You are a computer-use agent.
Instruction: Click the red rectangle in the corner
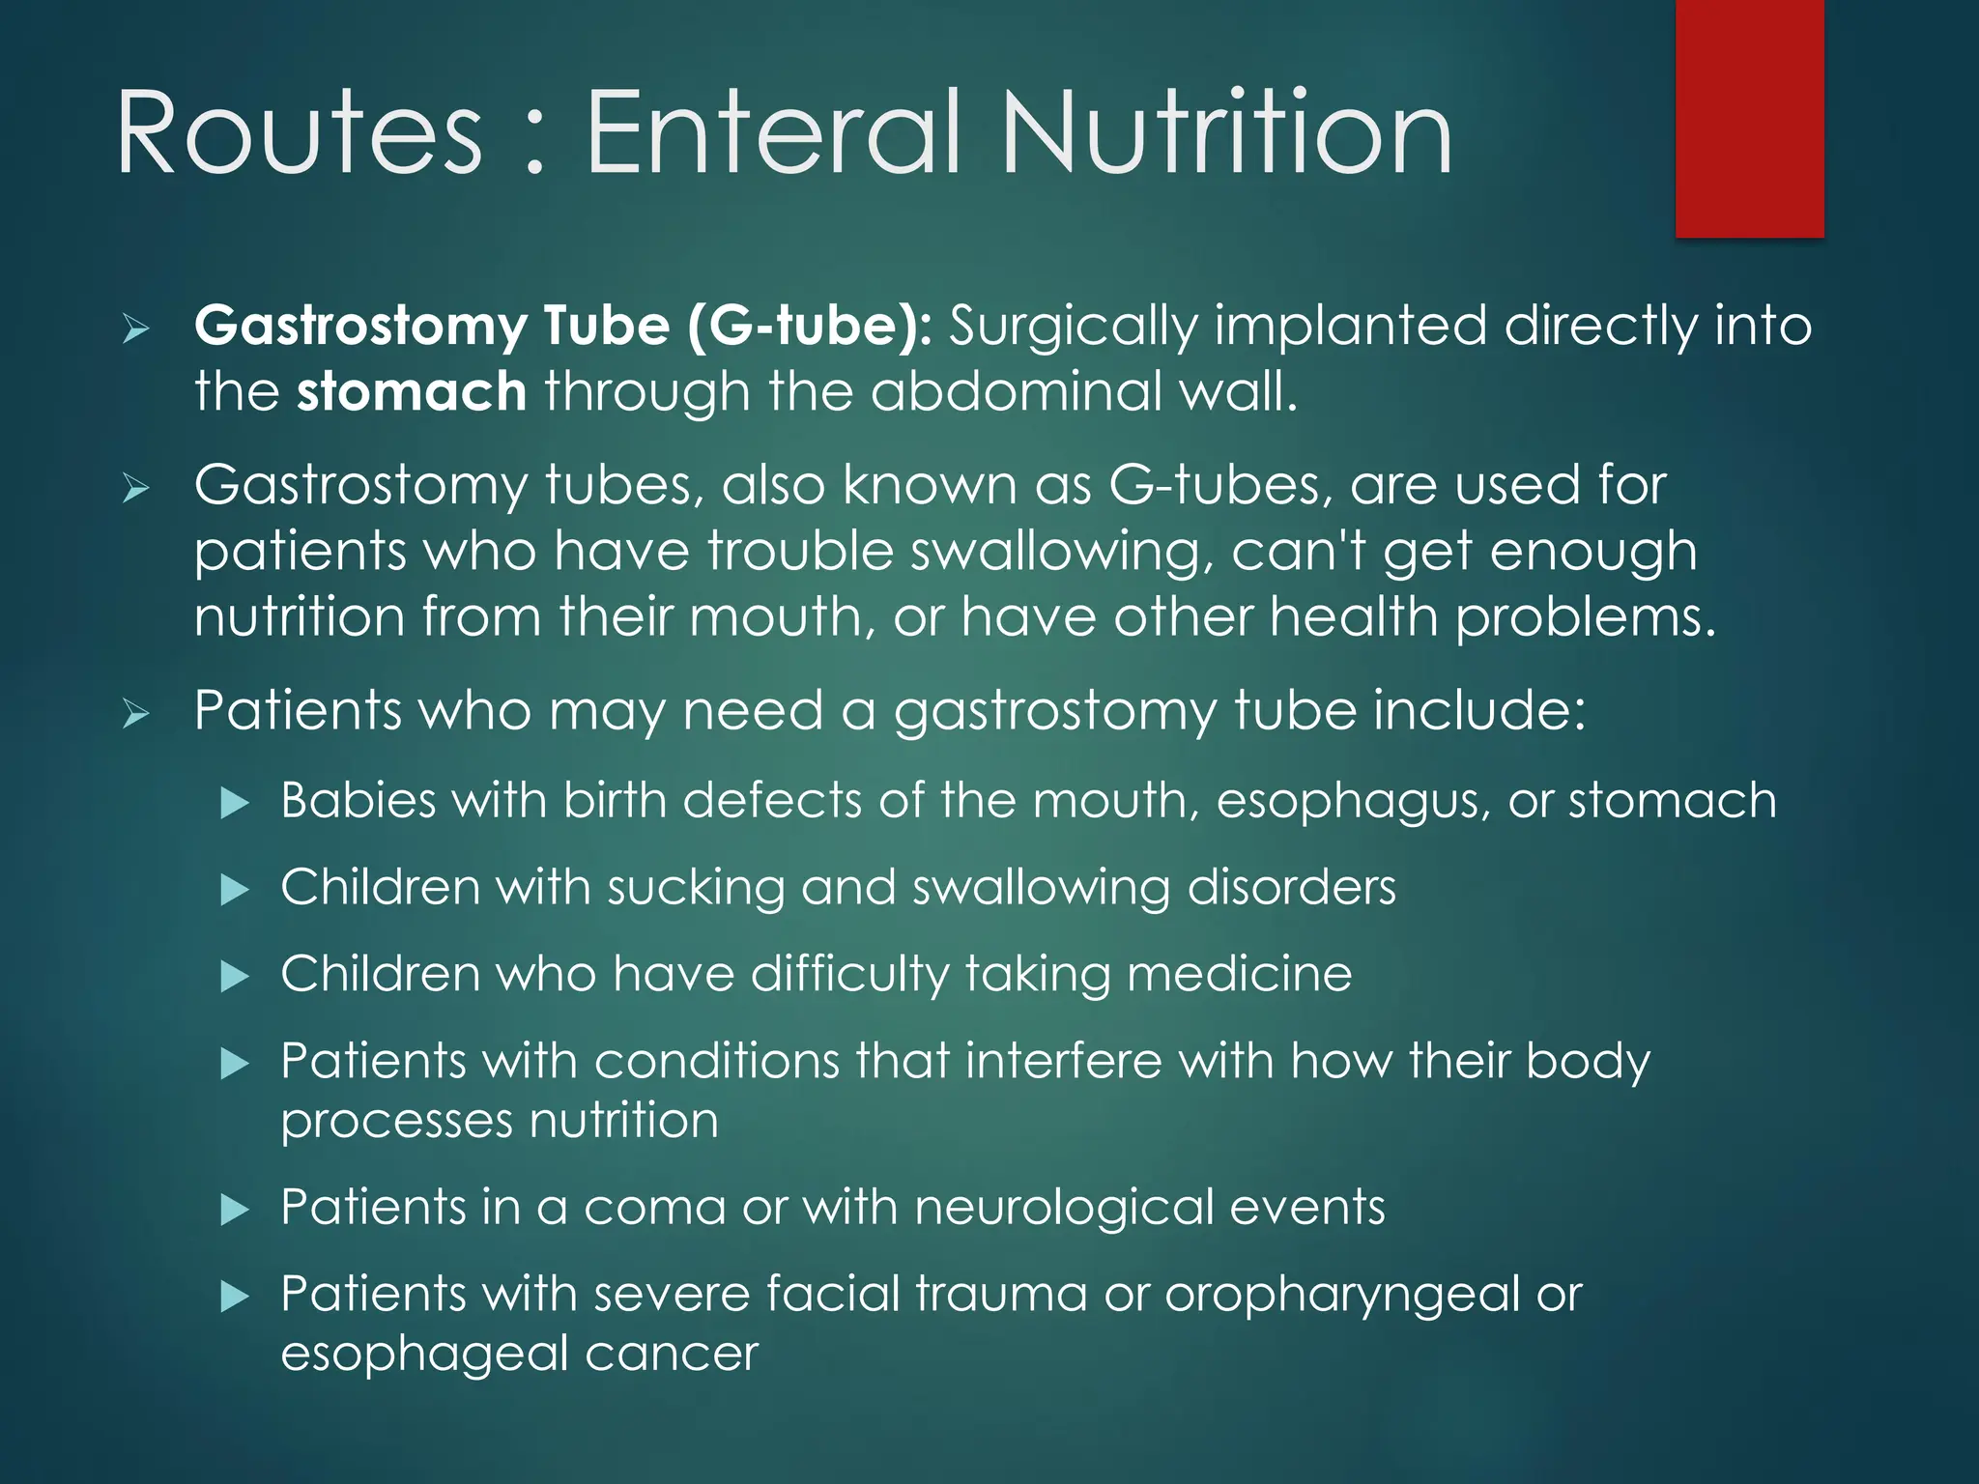pyautogui.click(x=1749, y=118)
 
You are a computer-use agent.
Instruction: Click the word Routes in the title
pyautogui.click(x=299, y=132)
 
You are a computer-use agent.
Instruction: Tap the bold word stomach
pyautogui.click(x=411, y=392)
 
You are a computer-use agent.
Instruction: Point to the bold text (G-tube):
pyautogui.click(x=810, y=326)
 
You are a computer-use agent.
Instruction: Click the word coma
pyautogui.click(x=654, y=1208)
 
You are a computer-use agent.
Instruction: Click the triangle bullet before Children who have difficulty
pyautogui.click(x=235, y=976)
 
